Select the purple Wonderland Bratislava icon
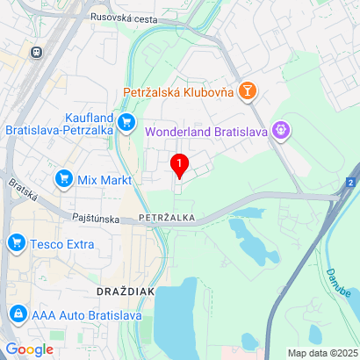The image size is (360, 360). (x=281, y=130)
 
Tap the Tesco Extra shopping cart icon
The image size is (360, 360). (x=16, y=242)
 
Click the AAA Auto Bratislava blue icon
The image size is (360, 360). (x=18, y=313)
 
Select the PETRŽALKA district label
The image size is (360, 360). (x=166, y=216)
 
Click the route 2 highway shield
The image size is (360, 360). (x=350, y=182)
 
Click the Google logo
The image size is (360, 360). (x=29, y=349)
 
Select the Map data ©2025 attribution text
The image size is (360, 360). (x=322, y=353)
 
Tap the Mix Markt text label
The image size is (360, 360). (x=104, y=180)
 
